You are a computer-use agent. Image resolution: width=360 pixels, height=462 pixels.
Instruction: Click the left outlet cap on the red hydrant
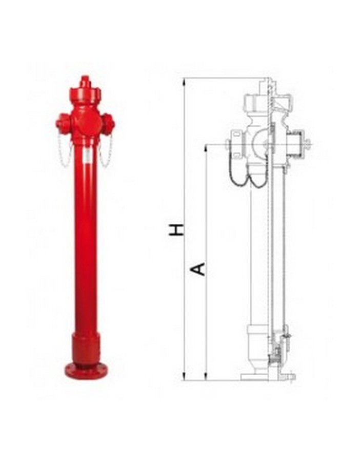coord(63,124)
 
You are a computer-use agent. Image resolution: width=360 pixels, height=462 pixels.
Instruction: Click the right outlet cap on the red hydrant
coord(108,124)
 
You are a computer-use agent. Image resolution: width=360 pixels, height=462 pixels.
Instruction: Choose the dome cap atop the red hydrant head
coord(85,95)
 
